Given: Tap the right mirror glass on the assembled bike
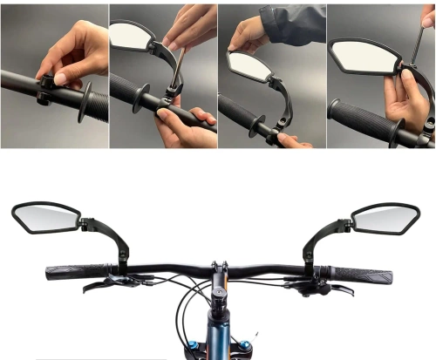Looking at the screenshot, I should click(386, 218).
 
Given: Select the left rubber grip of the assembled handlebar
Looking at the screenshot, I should click(77, 273).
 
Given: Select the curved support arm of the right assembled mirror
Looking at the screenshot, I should click(316, 241).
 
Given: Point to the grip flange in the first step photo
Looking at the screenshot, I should click(85, 103).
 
